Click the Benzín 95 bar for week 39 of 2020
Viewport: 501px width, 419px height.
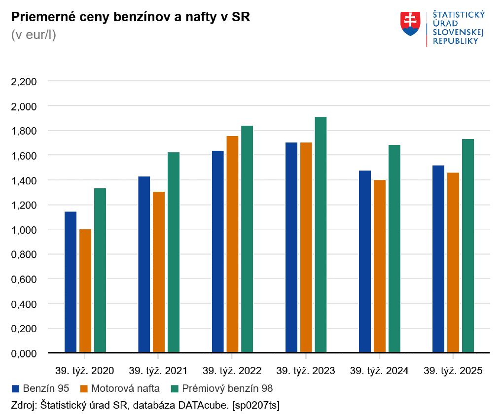point(71,282)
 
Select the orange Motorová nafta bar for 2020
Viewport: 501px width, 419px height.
point(85,291)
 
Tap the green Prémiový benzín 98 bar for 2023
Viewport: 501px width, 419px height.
point(321,235)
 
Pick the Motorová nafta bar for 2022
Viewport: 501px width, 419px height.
point(232,244)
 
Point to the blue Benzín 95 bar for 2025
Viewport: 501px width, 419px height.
point(438,259)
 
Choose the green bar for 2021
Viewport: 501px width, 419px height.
point(174,252)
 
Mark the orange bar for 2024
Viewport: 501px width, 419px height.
point(380,266)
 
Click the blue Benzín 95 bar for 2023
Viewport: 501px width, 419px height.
point(291,247)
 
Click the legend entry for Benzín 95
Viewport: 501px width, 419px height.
point(43,388)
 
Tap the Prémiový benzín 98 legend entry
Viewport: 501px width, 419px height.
point(221,388)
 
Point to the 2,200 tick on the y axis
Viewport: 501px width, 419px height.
point(24,81)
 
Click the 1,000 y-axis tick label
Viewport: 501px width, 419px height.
point(24,230)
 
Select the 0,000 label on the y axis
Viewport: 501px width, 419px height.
point(24,353)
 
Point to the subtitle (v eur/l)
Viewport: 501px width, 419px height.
point(34,35)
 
